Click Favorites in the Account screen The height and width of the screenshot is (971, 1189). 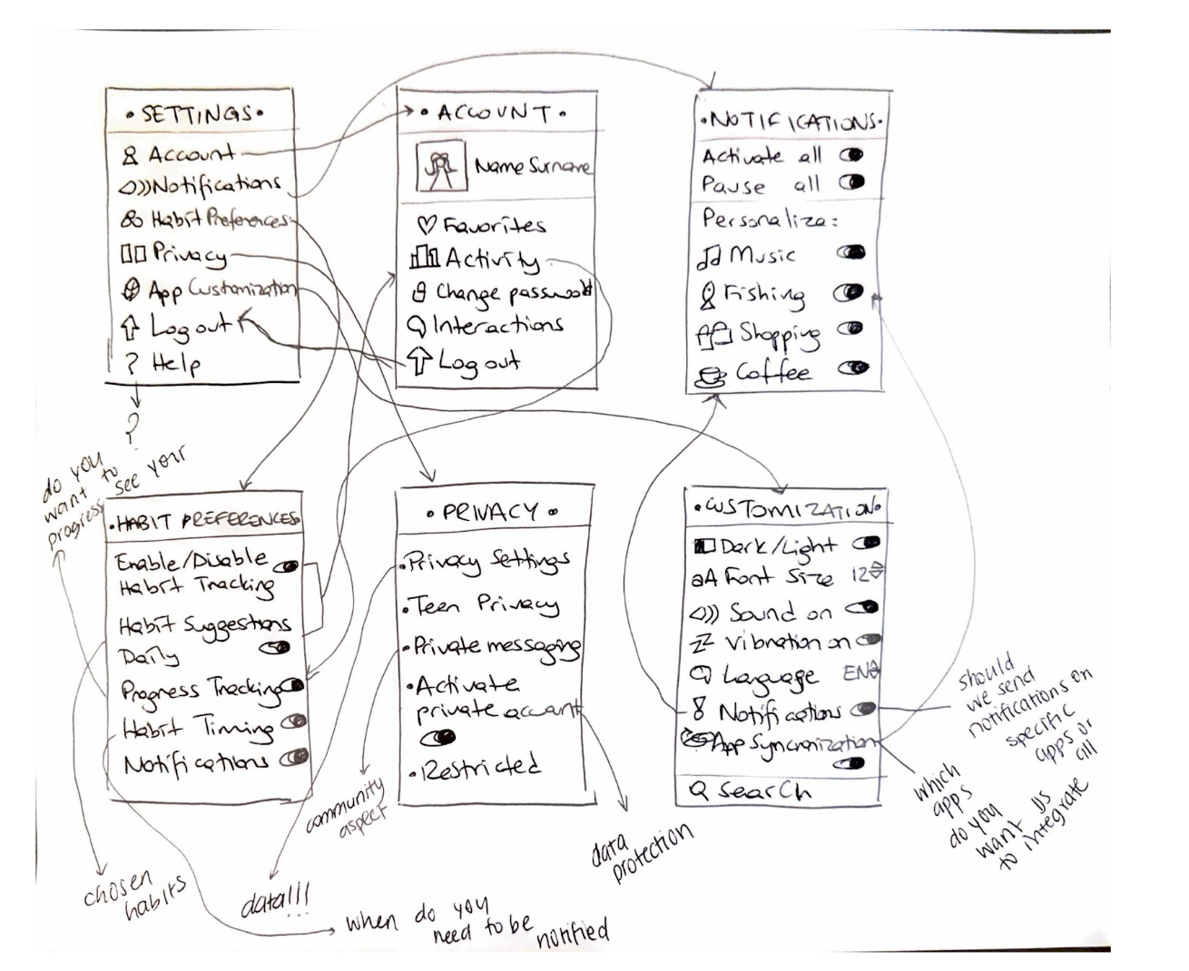click(x=481, y=225)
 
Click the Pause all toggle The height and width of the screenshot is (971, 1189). click(x=852, y=182)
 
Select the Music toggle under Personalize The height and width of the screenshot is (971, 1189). click(x=852, y=252)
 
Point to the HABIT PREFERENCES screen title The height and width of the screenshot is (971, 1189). click(x=205, y=521)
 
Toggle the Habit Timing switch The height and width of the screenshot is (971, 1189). click(x=292, y=723)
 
